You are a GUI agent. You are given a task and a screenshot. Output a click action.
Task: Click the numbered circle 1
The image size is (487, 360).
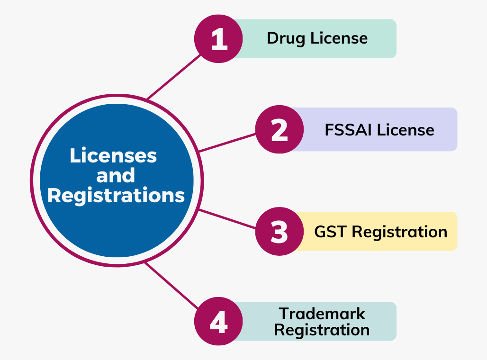click(x=218, y=39)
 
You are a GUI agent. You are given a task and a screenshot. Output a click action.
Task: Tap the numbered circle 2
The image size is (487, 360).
click(x=279, y=129)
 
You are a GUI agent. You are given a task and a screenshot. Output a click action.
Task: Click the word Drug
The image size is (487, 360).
click(x=287, y=38)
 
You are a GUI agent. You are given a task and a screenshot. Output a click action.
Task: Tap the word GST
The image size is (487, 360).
click(x=331, y=232)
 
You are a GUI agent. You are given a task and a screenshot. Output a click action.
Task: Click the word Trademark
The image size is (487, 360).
click(x=322, y=314)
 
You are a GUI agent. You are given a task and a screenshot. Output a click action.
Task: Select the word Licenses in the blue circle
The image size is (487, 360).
click(x=113, y=156)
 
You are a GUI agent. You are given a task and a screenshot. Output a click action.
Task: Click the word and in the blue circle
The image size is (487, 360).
click(x=116, y=176)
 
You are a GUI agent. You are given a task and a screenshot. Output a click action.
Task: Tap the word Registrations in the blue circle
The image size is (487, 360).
click(x=116, y=196)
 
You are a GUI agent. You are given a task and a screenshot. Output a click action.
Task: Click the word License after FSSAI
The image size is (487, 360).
click(x=406, y=130)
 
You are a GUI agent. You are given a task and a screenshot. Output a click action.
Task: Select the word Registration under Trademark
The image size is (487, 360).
click(x=322, y=330)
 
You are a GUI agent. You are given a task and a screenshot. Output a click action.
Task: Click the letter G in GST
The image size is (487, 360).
click(x=320, y=232)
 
